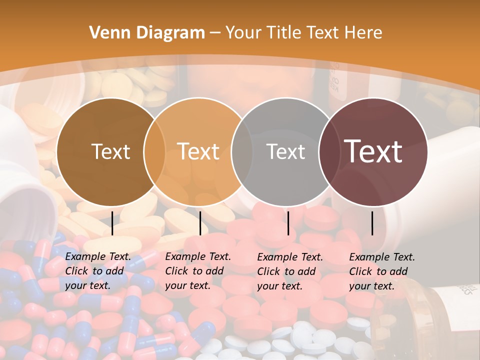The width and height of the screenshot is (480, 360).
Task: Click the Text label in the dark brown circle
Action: point(110,152)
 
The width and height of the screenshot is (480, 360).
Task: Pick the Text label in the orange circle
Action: point(198,151)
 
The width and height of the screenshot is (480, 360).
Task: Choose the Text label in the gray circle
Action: point(285,152)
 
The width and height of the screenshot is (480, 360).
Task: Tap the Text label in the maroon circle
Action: point(373,151)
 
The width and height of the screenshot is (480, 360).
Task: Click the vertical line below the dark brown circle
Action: point(112,223)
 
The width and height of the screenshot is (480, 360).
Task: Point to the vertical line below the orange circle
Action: point(200,223)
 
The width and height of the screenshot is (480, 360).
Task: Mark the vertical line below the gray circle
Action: point(288,223)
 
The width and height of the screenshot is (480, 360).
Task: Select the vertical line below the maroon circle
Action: point(372,223)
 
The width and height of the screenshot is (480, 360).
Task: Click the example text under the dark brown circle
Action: point(98,271)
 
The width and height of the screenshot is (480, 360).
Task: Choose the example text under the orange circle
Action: point(198,271)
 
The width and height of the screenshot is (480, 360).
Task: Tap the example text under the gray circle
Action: point(290,271)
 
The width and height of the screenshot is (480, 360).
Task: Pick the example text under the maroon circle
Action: point(382,271)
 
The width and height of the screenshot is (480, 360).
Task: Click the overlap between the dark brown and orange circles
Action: point(154,152)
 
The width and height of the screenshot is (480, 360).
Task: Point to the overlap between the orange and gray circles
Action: point(242,152)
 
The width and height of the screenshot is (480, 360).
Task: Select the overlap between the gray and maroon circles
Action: point(329,152)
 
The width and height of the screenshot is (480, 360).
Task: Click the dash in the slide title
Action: point(215,33)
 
